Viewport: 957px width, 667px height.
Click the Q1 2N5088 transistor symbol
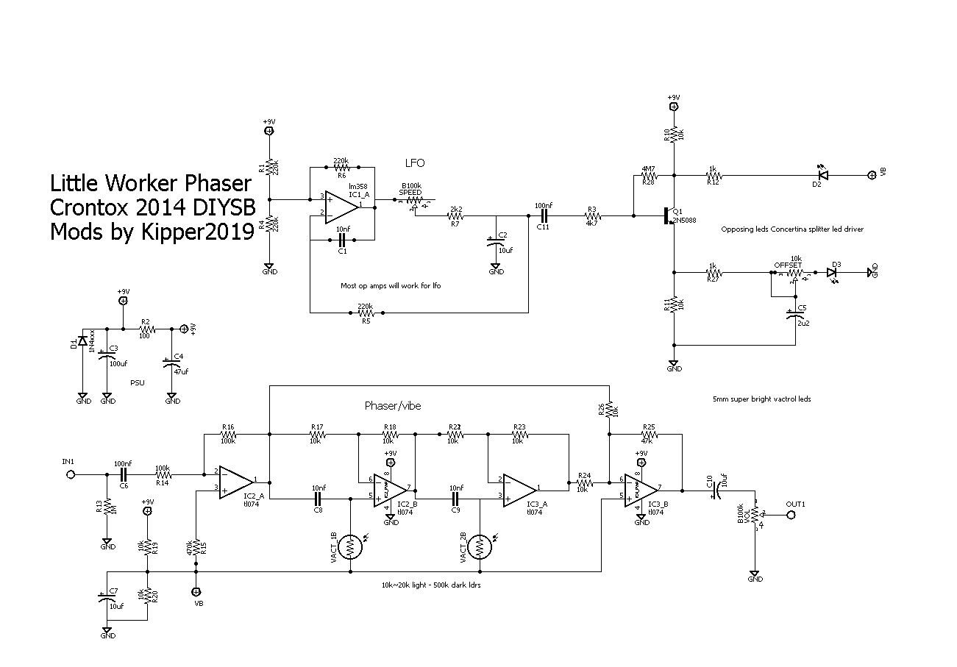(x=669, y=216)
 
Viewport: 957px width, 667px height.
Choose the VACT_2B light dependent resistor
(x=480, y=546)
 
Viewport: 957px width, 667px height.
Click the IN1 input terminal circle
(x=70, y=475)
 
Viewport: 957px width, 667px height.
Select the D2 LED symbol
(x=823, y=176)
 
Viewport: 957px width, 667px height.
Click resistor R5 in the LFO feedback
(x=364, y=313)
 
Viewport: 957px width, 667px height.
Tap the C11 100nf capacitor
(x=544, y=216)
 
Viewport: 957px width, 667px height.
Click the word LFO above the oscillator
(x=416, y=163)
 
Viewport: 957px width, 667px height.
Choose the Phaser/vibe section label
(x=393, y=405)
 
